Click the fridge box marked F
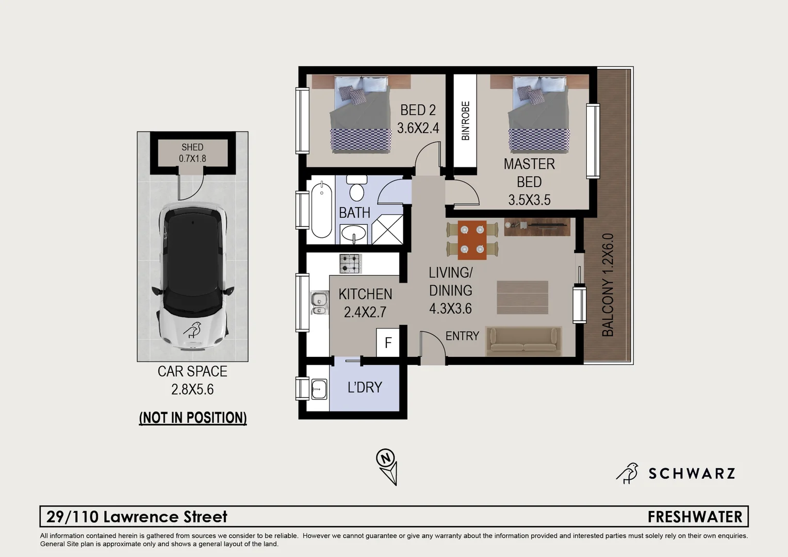coord(388,342)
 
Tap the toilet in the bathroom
coord(356,189)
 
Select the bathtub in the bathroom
coord(321,209)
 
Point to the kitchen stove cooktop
coord(350,263)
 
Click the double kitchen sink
coord(319,303)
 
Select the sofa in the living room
coord(523,341)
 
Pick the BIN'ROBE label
coord(465,121)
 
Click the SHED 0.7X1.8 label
coord(192,153)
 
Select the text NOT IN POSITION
coord(193,417)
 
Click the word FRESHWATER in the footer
coord(694,517)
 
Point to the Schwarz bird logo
coord(627,473)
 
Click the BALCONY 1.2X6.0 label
coord(609,285)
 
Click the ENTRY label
coord(462,336)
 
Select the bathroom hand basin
coord(354,234)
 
